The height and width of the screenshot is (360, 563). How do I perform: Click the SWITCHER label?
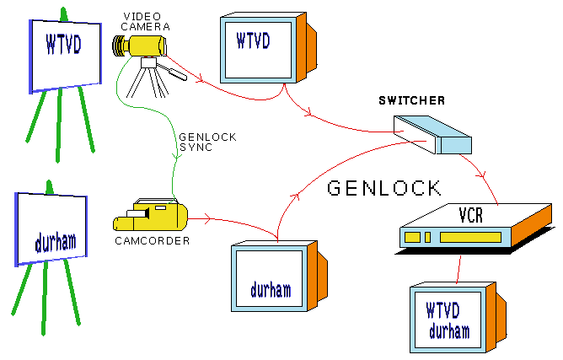[x=411, y=101]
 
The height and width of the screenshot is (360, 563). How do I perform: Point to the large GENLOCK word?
[x=384, y=187]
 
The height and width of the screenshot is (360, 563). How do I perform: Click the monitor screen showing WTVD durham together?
[x=448, y=319]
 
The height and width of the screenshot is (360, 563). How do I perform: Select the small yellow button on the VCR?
[x=414, y=237]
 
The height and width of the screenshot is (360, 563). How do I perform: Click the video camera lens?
[x=119, y=46]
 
